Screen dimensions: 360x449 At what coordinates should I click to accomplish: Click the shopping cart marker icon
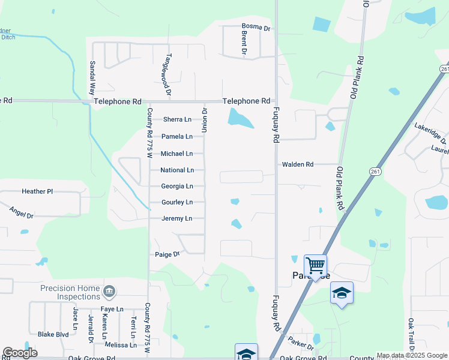click(x=315, y=265)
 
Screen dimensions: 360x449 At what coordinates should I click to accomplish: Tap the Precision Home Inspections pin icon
click(x=109, y=292)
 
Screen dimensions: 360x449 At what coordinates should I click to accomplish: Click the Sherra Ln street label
click(x=177, y=119)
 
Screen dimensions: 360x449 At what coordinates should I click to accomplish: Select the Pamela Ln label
click(x=177, y=136)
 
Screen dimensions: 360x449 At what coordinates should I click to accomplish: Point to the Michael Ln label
click(x=176, y=154)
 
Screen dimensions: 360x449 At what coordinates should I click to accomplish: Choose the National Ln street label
click(x=177, y=170)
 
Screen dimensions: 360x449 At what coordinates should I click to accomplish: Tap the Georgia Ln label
click(x=177, y=187)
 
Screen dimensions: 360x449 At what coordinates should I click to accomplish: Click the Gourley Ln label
click(x=177, y=202)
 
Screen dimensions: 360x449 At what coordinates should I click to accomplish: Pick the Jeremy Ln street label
click(x=177, y=218)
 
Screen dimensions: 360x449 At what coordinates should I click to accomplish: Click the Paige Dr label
click(x=168, y=254)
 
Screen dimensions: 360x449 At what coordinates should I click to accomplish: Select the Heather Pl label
click(x=37, y=191)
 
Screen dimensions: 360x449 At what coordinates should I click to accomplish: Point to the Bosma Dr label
click(x=256, y=27)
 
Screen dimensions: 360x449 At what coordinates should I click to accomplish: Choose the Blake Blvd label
click(x=53, y=334)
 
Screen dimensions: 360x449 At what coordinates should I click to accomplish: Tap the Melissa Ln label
click(x=121, y=345)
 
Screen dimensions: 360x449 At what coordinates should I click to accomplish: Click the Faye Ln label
click(x=112, y=309)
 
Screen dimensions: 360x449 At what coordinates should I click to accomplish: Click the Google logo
click(x=20, y=353)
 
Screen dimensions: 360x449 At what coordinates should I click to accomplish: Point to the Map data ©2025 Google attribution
click(x=412, y=355)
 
